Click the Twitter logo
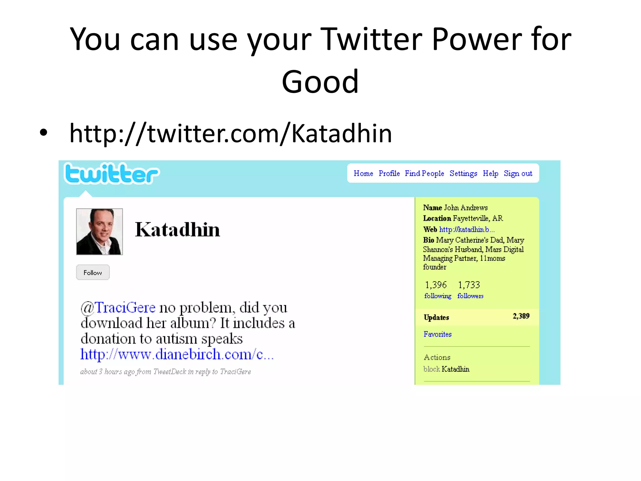[111, 174]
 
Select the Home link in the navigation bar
[363, 173]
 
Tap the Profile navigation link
[389, 173]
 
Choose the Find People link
[424, 173]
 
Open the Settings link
[463, 173]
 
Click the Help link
[490, 173]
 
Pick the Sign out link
[518, 173]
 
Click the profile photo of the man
[100, 232]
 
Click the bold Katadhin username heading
[177, 230]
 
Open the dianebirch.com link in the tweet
[177, 354]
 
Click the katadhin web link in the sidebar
[467, 230]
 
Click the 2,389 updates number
[521, 316]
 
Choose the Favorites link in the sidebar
[438, 334]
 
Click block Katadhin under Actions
[446, 369]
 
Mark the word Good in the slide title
[320, 82]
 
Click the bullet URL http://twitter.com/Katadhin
[231, 134]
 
